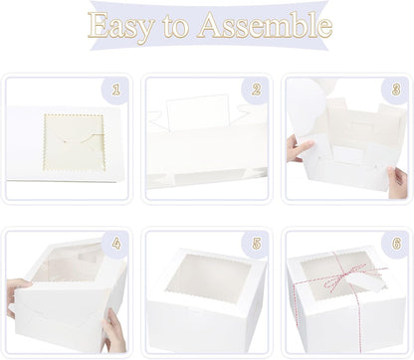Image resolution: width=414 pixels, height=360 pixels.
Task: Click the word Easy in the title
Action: click(121, 26)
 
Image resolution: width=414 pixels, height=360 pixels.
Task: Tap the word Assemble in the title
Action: click(265, 25)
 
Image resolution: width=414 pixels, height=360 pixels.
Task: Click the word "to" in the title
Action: click(176, 27)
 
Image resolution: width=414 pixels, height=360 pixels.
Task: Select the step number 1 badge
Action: click(115, 90)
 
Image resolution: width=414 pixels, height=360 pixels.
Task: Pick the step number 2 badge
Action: click(256, 90)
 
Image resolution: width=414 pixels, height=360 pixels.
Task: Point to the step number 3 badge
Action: click(396, 90)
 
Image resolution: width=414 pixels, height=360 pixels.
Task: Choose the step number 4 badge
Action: click(115, 244)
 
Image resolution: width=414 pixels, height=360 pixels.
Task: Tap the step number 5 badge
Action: click(256, 244)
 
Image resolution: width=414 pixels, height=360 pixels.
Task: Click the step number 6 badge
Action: click(396, 244)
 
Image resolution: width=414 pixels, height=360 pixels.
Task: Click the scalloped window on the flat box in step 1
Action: click(75, 142)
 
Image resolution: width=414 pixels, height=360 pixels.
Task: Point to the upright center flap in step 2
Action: click(198, 112)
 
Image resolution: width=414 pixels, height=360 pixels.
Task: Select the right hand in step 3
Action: click(398, 182)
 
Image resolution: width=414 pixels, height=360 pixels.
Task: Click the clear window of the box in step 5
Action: click(209, 278)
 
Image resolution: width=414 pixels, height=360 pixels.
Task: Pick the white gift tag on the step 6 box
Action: click(364, 282)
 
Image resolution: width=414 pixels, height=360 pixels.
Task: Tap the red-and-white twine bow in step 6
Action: click(341, 276)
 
